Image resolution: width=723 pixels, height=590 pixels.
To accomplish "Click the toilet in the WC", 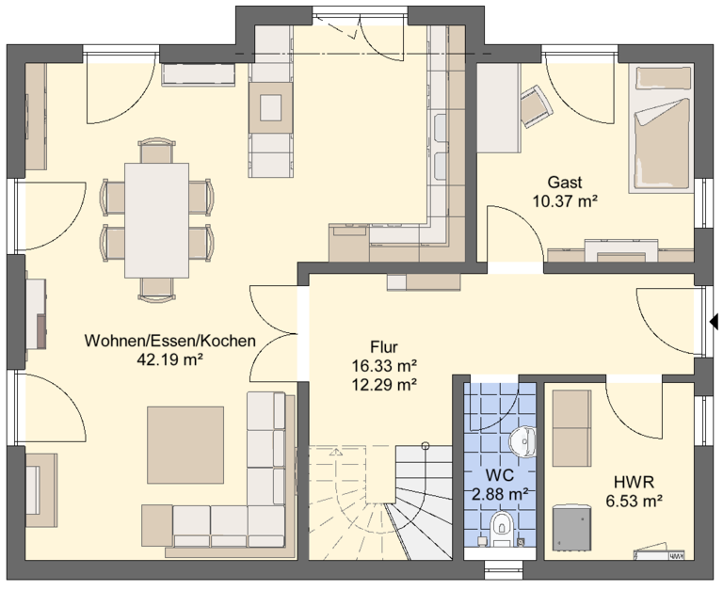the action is [x=502, y=528].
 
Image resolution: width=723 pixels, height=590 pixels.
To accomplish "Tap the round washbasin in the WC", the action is [x=522, y=441].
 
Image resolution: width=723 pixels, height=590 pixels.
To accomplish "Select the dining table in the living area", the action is [x=156, y=220].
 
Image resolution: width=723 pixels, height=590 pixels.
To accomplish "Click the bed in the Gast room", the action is [x=661, y=128].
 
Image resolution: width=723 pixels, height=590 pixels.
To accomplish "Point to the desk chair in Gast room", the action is [x=537, y=105].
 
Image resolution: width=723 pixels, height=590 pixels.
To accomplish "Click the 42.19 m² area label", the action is [x=170, y=359].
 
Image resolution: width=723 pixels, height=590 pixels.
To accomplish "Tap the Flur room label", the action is [x=384, y=346].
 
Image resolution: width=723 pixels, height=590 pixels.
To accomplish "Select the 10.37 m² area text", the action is [x=565, y=201].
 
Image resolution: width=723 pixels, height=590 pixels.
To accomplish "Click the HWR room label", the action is [x=634, y=483].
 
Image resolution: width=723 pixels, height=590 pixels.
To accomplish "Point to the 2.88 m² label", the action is [x=500, y=495].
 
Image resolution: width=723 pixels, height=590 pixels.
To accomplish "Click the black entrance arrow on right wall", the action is [x=715, y=321].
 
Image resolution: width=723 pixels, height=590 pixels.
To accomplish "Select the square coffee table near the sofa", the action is [x=185, y=445].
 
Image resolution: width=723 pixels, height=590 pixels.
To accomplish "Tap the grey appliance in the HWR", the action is [x=571, y=527].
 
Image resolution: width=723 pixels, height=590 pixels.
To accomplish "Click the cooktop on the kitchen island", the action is [x=271, y=108].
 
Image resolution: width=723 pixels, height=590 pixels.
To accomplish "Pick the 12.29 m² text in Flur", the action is [x=384, y=384].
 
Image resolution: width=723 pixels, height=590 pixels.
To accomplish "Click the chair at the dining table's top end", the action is [x=157, y=151].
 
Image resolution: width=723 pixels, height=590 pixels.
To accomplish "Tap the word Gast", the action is [x=565, y=183].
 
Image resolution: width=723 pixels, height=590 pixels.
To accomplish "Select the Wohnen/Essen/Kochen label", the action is [x=170, y=341].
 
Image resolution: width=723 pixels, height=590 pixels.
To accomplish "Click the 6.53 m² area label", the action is [x=634, y=501].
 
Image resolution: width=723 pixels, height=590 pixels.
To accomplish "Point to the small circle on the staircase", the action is [x=426, y=445].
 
